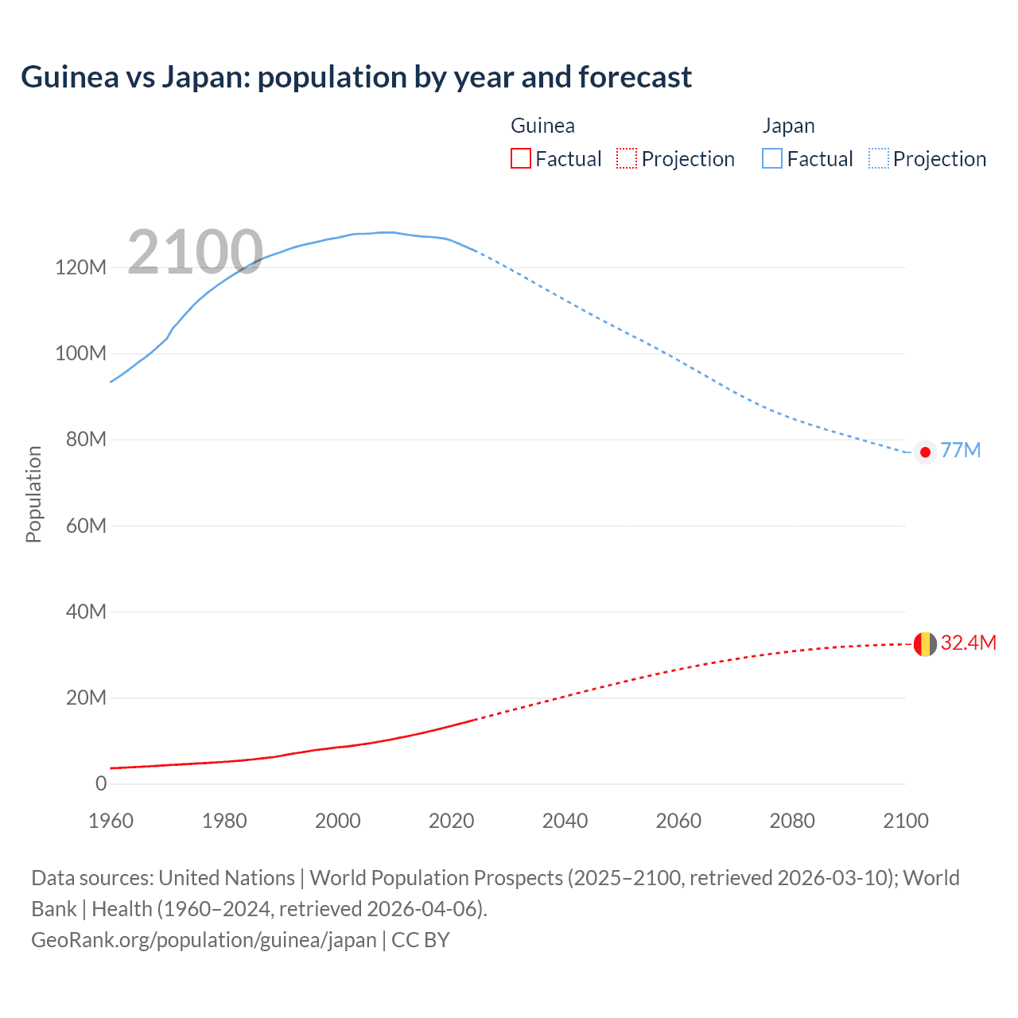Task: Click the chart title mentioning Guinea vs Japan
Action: point(356,77)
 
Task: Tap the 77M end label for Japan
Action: point(960,451)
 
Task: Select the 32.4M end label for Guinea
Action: point(968,643)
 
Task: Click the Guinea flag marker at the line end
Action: point(925,644)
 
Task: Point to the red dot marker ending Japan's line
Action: point(925,453)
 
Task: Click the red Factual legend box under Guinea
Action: point(521,159)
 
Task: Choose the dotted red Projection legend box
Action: point(627,159)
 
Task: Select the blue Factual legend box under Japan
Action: point(772,159)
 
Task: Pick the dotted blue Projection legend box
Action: point(879,159)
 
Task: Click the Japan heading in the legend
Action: point(788,126)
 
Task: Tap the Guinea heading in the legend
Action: point(542,126)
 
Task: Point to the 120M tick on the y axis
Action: point(80,267)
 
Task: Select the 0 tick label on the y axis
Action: point(101,784)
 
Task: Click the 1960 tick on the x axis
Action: point(111,821)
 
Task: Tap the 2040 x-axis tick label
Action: point(565,821)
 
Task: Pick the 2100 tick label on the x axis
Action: point(905,821)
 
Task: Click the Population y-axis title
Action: point(33,494)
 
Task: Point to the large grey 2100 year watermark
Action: point(195,252)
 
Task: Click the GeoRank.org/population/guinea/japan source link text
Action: point(204,940)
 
